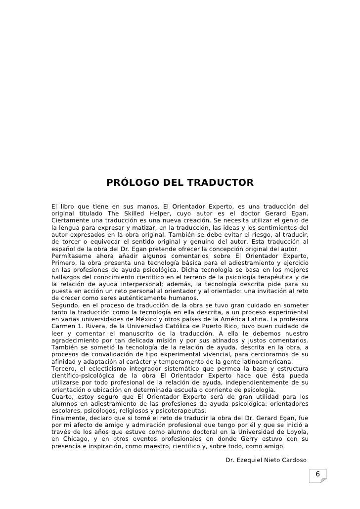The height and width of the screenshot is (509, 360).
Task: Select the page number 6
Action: coord(318,475)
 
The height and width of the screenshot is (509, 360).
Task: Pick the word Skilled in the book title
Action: coord(135,213)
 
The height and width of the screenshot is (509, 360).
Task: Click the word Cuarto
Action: coord(62,396)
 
